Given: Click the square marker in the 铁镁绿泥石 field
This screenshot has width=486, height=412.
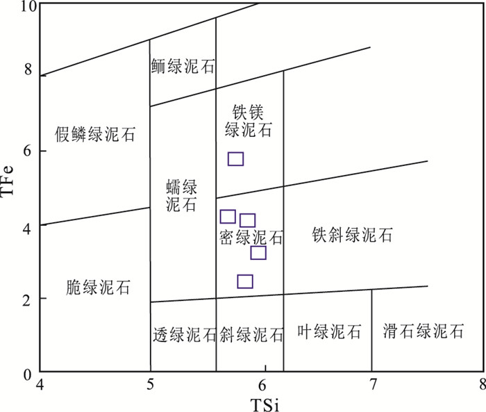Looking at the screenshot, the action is [x=235, y=159].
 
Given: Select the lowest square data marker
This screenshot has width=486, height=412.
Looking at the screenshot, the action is [x=245, y=281].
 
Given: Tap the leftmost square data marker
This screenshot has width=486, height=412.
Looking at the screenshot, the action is [x=228, y=217].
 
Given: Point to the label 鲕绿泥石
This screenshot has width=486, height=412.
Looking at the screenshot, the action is [x=183, y=67].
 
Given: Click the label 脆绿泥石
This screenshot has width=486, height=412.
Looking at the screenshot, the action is [x=98, y=286].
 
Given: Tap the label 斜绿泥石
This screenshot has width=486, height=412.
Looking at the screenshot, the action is [x=251, y=335].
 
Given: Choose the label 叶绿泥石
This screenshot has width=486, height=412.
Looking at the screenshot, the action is [x=328, y=332].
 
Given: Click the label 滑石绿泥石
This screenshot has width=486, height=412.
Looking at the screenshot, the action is [x=423, y=331].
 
